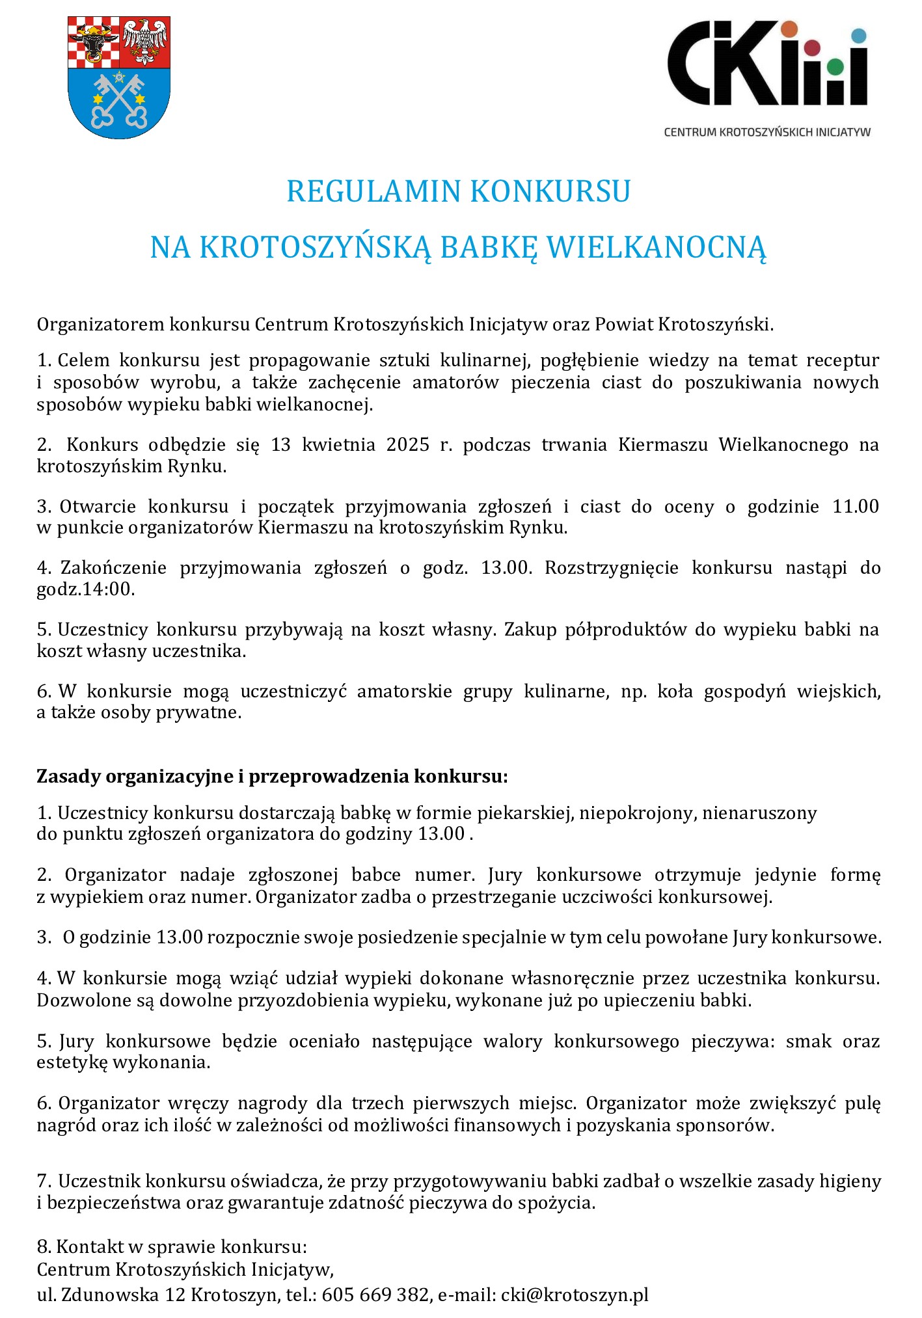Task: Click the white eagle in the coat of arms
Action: point(144,42)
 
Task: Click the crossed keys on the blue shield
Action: point(119,100)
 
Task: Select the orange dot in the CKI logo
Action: point(789,29)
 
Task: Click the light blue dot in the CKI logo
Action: point(859,36)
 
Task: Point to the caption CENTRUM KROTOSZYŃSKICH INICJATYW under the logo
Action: point(766,132)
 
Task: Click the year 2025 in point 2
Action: point(408,445)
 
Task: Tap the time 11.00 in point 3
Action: point(856,506)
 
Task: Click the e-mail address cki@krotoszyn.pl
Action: point(575,1294)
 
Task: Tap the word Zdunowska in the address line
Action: point(110,1294)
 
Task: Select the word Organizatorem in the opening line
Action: point(101,324)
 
